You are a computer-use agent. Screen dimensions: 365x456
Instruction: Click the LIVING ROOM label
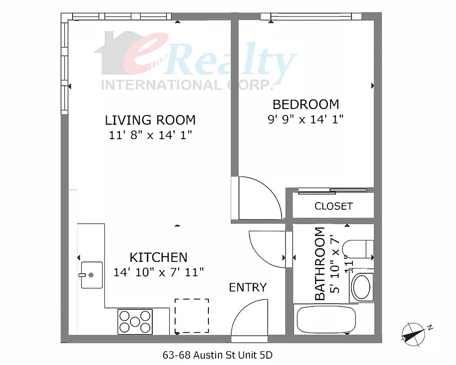150,120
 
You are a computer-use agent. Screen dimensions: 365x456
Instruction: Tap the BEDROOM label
306,104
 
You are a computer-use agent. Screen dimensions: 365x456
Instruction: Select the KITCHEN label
158,257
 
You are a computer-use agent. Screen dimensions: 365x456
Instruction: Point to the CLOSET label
333,206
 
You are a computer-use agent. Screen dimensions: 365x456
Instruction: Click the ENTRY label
248,287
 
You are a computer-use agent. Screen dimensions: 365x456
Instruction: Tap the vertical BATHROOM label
321,263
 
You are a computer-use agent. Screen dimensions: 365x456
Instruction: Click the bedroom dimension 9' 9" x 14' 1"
306,120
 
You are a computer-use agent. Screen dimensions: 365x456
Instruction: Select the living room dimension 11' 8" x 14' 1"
150,135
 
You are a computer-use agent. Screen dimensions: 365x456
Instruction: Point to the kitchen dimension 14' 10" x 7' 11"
158,272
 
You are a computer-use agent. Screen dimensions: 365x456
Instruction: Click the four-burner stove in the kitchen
135,321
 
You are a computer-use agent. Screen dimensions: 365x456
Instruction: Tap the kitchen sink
91,275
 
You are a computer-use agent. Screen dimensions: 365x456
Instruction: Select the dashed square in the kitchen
192,316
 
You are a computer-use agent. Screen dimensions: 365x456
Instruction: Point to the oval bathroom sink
362,287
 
